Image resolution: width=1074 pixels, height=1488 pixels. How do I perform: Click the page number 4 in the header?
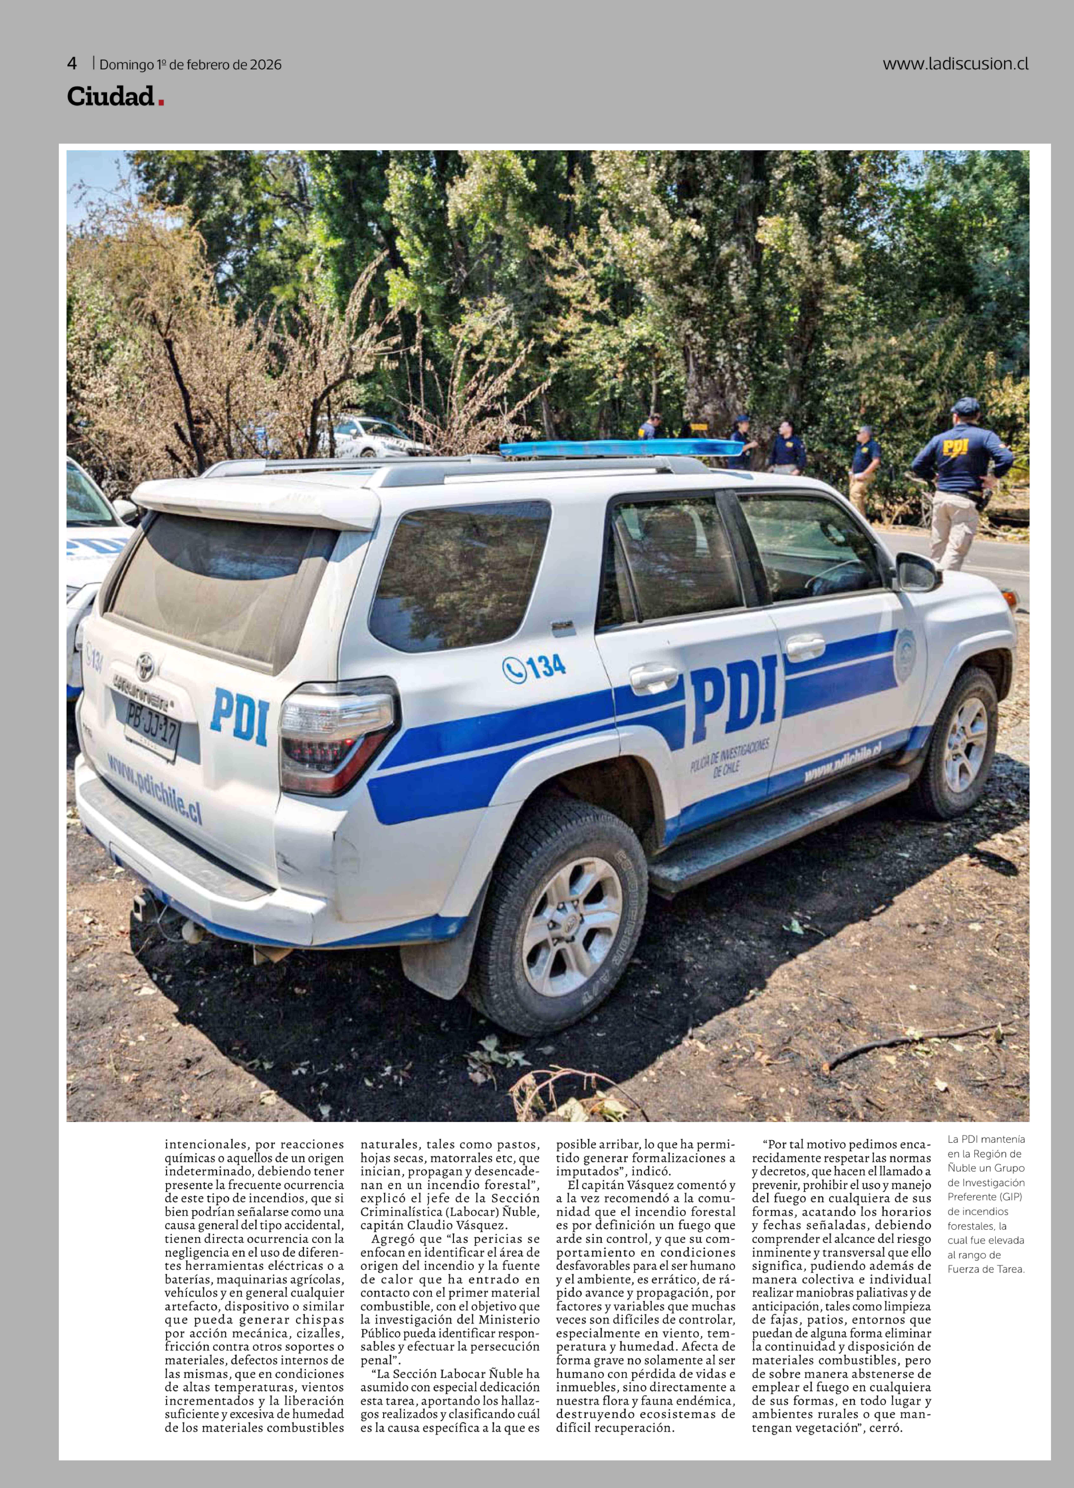[x=72, y=64]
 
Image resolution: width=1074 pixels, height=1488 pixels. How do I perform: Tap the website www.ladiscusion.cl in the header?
[x=955, y=64]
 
